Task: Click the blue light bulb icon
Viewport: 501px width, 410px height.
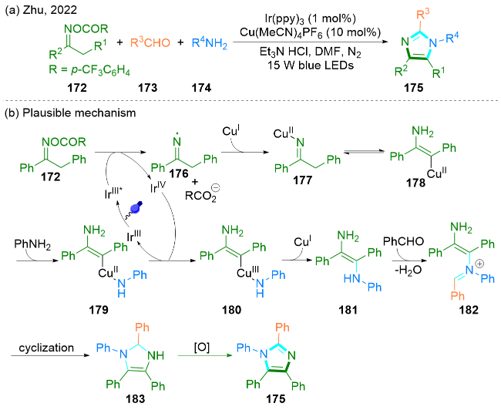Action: pos(140,207)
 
